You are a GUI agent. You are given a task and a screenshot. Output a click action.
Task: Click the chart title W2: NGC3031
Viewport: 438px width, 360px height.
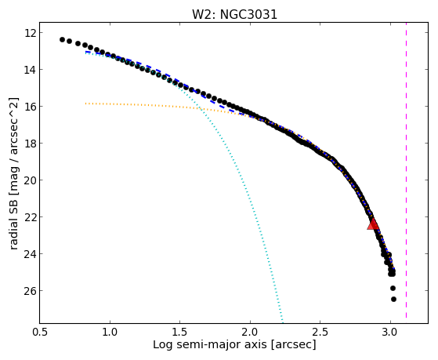(x=234, y=14)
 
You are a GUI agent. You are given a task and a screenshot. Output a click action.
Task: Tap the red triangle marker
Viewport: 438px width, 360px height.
(x=373, y=224)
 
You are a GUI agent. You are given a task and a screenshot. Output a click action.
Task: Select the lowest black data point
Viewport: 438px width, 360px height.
(x=393, y=300)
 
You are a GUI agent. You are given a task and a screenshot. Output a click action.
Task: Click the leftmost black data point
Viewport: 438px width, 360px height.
(x=63, y=39)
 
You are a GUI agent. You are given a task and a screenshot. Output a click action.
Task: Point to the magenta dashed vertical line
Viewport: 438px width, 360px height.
(x=406, y=170)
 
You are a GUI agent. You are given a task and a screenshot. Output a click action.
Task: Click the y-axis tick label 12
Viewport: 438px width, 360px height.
(x=31, y=33)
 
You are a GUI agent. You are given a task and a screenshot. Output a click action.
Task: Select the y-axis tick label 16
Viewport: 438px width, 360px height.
(x=31, y=107)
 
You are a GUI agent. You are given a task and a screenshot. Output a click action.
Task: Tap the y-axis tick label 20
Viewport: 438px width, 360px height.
(x=31, y=180)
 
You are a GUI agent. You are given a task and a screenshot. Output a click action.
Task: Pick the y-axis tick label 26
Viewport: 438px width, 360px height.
(x=31, y=291)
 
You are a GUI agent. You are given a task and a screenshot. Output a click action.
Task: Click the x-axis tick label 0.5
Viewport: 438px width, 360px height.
(x=40, y=332)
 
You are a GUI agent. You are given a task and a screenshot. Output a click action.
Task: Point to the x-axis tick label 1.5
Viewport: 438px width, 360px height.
(x=180, y=332)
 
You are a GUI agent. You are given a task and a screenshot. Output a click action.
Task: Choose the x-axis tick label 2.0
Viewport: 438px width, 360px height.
(x=250, y=332)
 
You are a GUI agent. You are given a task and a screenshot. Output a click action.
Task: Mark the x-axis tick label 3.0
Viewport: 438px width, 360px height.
(x=390, y=332)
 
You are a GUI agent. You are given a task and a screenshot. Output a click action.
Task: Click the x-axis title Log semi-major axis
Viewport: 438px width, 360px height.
(x=210, y=345)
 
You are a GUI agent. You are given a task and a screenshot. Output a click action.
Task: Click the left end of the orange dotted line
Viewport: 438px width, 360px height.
(x=85, y=104)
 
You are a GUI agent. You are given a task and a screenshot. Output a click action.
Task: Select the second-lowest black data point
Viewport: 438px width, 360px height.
(x=393, y=288)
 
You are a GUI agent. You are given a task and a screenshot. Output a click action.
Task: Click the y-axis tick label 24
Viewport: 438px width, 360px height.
(x=31, y=254)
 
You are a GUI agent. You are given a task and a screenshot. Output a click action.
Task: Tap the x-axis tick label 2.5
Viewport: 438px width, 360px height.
(x=320, y=332)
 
